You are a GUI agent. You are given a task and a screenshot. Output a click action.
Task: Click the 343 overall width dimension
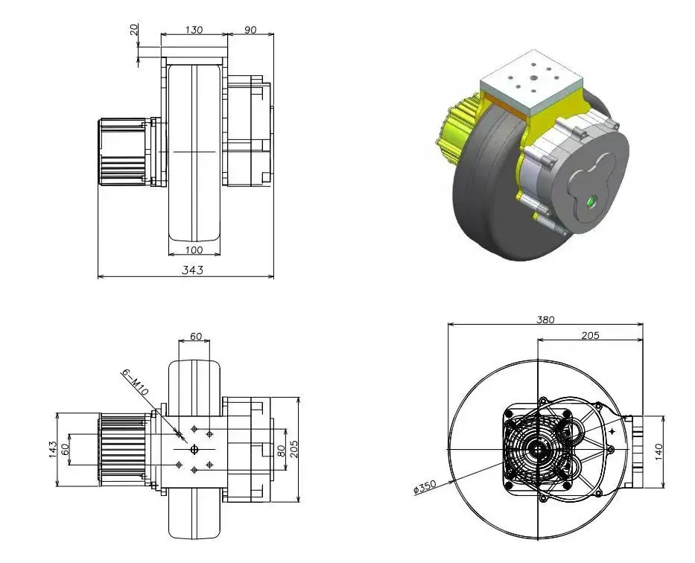[193, 270]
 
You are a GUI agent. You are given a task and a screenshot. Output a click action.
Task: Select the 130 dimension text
[194, 30]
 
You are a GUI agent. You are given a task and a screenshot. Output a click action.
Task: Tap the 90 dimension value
[250, 30]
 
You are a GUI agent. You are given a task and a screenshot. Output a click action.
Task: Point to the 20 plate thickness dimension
[134, 30]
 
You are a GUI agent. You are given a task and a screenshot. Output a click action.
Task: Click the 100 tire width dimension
[194, 249]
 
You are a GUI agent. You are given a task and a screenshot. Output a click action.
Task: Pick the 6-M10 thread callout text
[134, 384]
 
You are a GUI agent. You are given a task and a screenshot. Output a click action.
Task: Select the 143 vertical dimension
[53, 449]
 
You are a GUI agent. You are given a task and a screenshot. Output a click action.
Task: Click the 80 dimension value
[281, 451]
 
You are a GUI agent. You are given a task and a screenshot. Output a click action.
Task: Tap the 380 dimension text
[545, 319]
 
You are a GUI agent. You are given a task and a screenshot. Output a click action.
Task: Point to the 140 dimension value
[658, 452]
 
